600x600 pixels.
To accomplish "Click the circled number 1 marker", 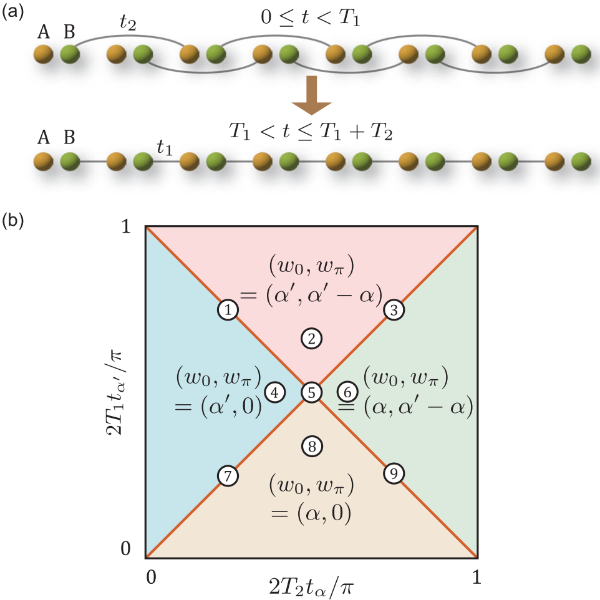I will [x=228, y=310].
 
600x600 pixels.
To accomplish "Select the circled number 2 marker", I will [x=311, y=338].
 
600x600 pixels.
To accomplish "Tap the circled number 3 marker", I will [x=394, y=310].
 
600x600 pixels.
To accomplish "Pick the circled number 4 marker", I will [x=274, y=392].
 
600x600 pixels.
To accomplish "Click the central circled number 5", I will [x=311, y=392].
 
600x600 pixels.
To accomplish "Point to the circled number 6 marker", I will [x=348, y=392].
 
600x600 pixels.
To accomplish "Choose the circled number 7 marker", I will [x=228, y=475].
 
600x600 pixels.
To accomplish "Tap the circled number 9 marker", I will [x=394, y=474].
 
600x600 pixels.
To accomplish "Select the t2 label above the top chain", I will [x=128, y=24].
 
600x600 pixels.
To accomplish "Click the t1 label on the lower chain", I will [x=165, y=147].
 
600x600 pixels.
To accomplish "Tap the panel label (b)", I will [x=12, y=220].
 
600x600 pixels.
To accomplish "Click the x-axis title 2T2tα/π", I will [x=311, y=584].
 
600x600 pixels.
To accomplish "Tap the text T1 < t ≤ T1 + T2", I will [x=311, y=132].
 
